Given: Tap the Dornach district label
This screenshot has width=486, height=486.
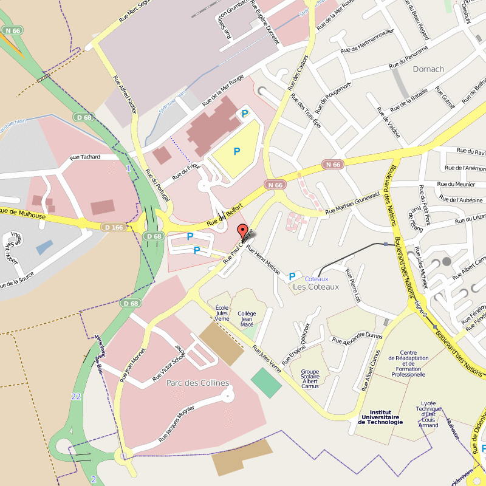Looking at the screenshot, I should point(428,69).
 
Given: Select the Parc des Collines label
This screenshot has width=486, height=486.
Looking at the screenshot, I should point(197,383).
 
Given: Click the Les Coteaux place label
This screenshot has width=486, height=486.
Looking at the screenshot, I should point(315,287).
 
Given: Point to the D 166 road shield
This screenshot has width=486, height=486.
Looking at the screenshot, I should point(114,227).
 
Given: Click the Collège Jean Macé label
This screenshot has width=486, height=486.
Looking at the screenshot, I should point(247,319).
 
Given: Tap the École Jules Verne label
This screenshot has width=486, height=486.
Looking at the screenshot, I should point(222,313).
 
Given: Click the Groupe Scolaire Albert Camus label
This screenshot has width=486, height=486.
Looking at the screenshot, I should point(310,378).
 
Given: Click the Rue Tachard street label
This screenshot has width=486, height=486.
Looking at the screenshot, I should point(85,157).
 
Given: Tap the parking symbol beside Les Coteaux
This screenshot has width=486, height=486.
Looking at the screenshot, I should point(292,276).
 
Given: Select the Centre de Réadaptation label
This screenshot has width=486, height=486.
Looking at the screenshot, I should point(408,363).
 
